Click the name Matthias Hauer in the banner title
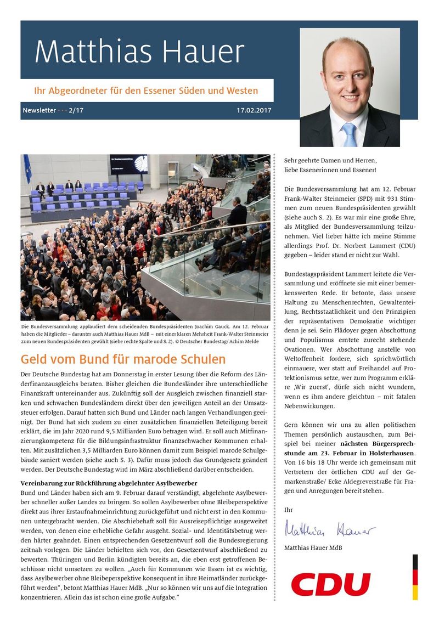[x=139, y=53]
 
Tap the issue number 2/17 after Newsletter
[x=76, y=110]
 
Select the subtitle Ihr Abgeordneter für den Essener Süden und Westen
[x=146, y=90]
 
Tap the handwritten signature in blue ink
[x=330, y=530]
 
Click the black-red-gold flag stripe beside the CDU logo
[x=415, y=577]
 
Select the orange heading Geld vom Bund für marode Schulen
[x=123, y=360]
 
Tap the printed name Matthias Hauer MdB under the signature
[x=313, y=547]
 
